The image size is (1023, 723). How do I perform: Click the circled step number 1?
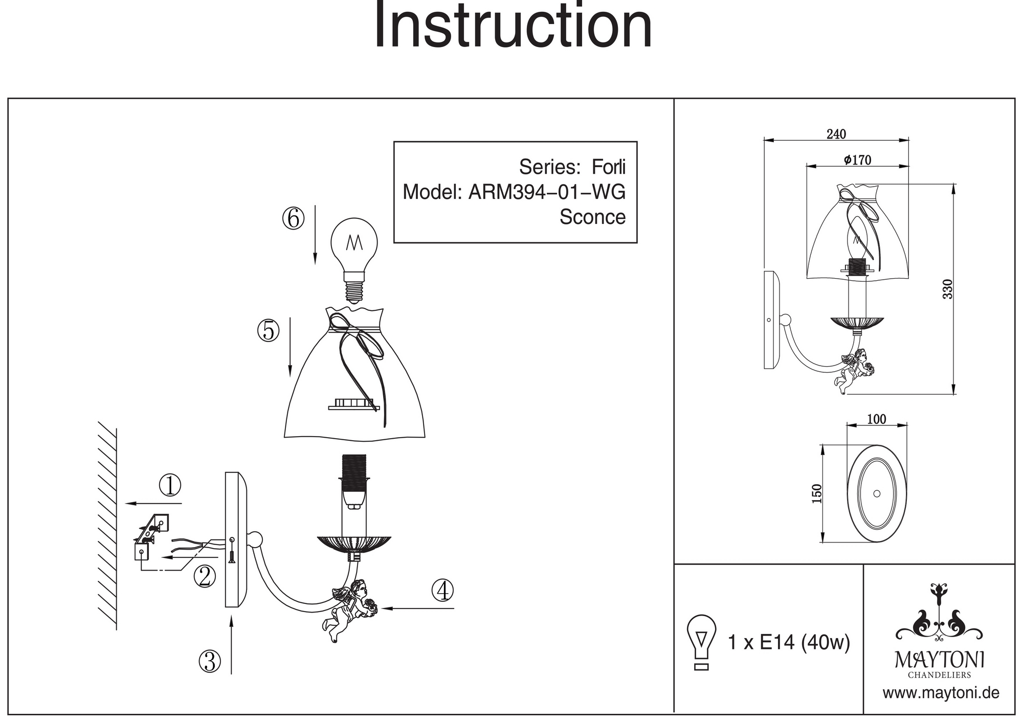pos(170,485)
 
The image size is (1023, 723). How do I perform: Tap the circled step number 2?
pos(205,576)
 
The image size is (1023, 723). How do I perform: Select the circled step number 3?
pos(209,662)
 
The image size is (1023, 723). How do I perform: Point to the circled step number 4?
pos(442,590)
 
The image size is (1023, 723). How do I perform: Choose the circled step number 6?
pos(293,219)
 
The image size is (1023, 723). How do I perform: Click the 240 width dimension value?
pos(836,134)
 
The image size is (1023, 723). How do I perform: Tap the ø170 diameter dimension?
pos(857,160)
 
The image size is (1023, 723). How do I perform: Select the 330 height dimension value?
pos(947,289)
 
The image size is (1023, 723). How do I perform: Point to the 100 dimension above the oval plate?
pos(877,419)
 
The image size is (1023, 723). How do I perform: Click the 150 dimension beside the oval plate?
pos(817,493)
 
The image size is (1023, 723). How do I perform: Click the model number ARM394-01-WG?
pos(547,192)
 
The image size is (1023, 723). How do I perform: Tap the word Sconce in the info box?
pos(592,217)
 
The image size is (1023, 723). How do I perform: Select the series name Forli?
pos(608,167)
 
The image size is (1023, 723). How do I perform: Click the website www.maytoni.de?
pos(941,693)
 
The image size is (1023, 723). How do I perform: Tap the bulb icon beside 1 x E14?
pos(701,642)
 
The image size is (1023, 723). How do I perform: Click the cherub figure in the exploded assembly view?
pos(350,608)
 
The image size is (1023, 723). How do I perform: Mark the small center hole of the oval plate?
pos(877,494)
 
